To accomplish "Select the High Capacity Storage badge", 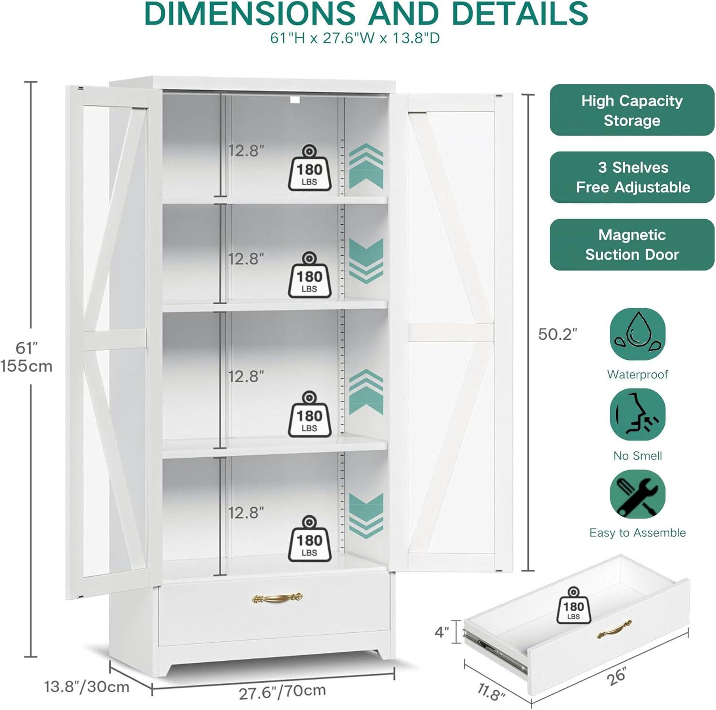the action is point(632,110).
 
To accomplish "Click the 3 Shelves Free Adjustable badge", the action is point(632,177).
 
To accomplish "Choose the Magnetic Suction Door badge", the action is point(632,244).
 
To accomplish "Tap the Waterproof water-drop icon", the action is point(638,334).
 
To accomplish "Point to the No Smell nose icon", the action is point(638,414).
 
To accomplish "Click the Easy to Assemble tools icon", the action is point(638,494).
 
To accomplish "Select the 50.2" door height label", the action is point(558,334).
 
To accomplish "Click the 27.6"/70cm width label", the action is point(282,691).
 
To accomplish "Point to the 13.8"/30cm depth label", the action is point(87,687).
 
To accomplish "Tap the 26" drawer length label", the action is point(616,677).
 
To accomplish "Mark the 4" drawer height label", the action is point(442,632).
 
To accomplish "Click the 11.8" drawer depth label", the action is point(491,691).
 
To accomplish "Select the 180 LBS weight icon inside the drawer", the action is point(573,606).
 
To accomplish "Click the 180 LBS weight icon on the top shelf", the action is point(309,168).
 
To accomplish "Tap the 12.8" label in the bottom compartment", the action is point(246,513).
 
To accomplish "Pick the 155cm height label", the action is point(26,366).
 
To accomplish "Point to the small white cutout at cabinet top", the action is point(295,100).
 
